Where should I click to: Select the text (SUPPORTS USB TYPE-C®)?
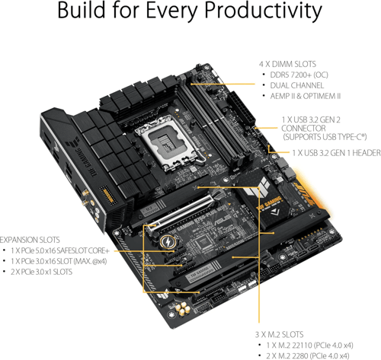pyautogui.click(x=325, y=137)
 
